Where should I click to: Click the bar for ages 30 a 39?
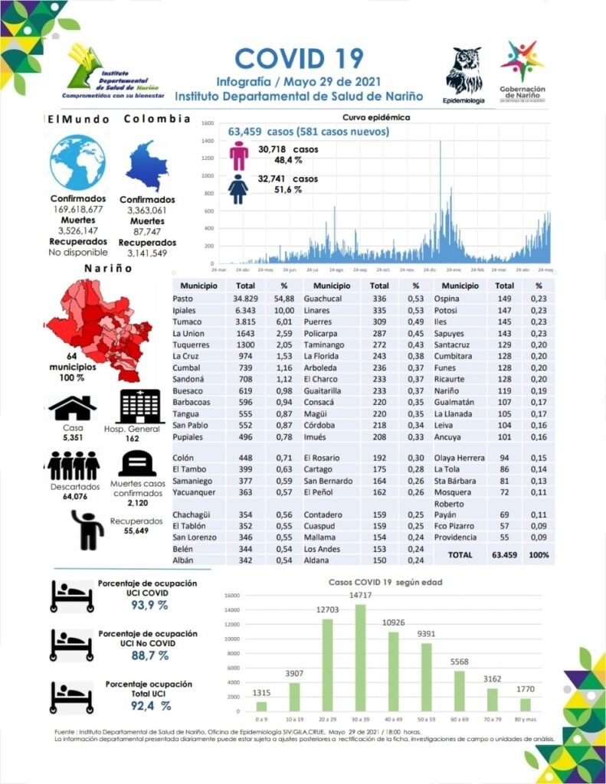[360, 658]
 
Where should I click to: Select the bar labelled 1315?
[262, 706]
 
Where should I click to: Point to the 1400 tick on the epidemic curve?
[208, 141]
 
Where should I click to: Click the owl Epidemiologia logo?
[464, 72]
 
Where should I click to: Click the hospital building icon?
[141, 406]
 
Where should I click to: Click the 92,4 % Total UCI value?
[150, 705]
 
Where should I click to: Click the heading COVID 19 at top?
[299, 58]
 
